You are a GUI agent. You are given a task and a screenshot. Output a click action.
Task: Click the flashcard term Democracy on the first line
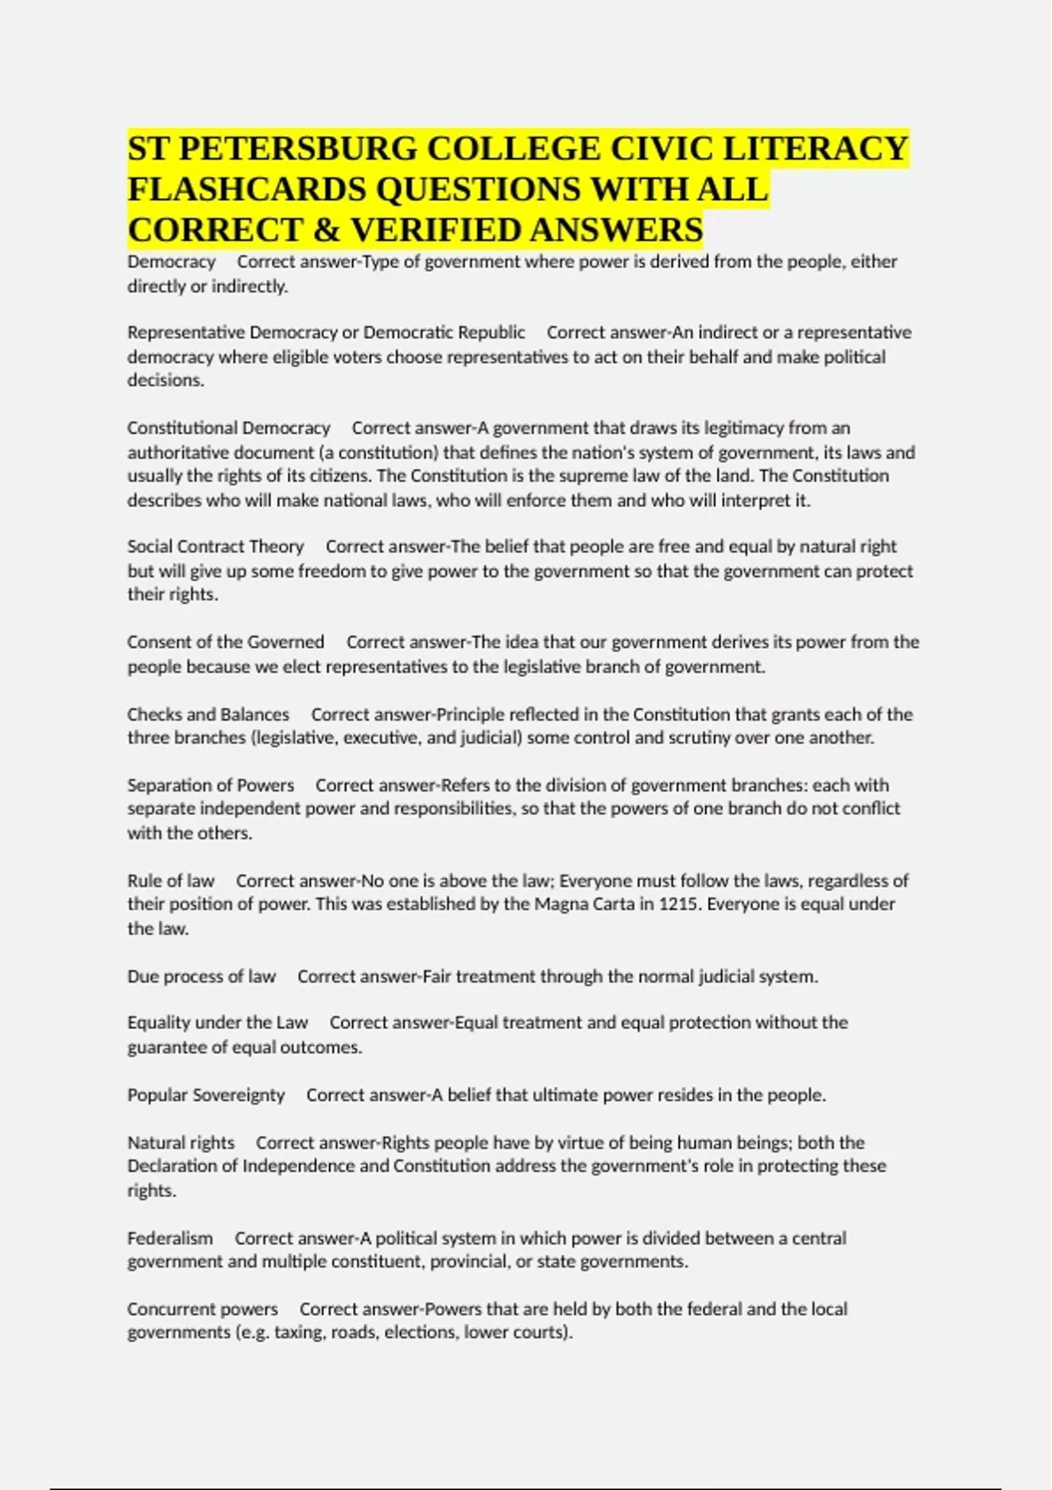(x=171, y=262)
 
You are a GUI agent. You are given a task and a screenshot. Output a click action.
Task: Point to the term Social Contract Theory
(x=215, y=547)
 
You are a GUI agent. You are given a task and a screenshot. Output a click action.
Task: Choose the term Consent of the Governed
(x=225, y=642)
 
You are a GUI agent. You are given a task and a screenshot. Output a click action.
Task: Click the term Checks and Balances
(x=208, y=714)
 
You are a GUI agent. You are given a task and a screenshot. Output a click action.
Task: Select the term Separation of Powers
(x=210, y=785)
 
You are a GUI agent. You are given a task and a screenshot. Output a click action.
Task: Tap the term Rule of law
(x=170, y=881)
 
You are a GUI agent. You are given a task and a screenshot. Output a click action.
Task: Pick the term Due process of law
(x=201, y=976)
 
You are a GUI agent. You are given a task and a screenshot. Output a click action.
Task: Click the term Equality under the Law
(x=217, y=1023)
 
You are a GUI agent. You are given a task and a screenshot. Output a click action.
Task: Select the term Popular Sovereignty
(x=206, y=1096)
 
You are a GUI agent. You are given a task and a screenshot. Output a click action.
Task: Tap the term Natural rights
(x=181, y=1143)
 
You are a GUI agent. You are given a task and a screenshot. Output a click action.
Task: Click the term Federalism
(x=170, y=1238)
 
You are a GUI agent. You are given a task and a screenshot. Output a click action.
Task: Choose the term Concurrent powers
(x=203, y=1309)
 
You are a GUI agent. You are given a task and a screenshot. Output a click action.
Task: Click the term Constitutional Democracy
(x=228, y=429)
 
